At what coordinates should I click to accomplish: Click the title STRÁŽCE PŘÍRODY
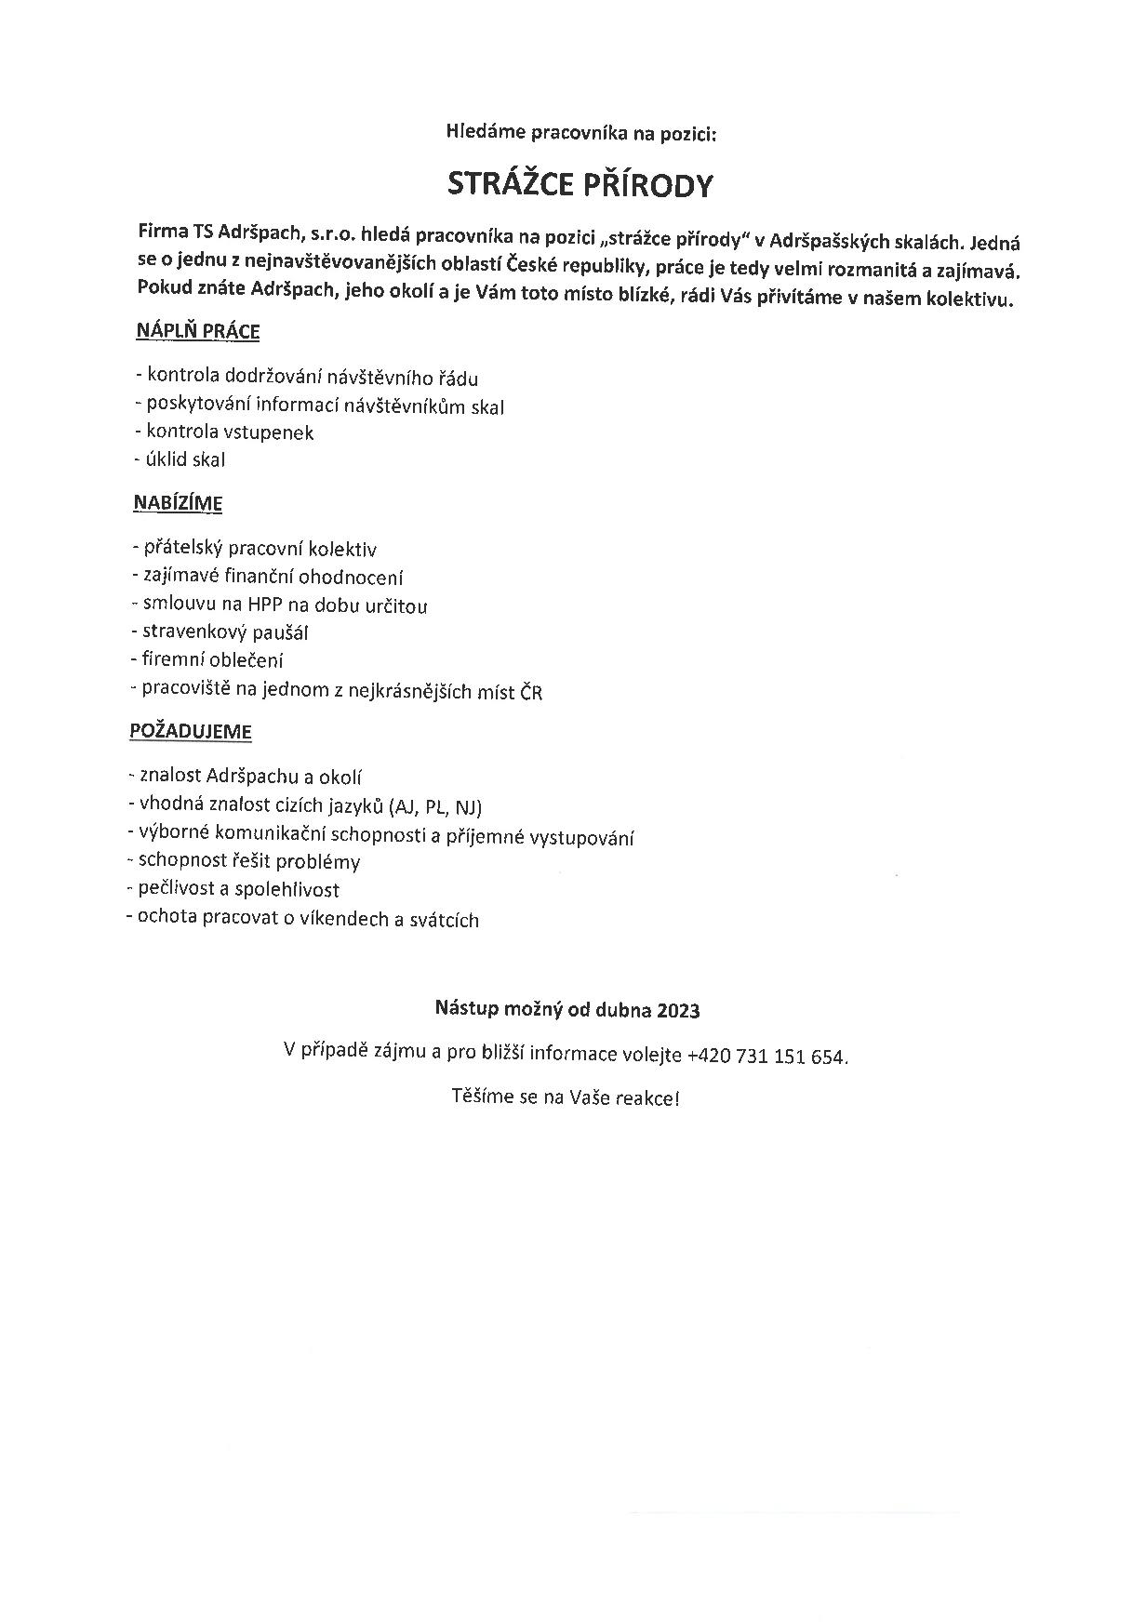pyautogui.click(x=580, y=185)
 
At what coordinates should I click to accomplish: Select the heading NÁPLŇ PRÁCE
pyautogui.click(x=197, y=331)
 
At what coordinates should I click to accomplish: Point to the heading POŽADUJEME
pyautogui.click(x=190, y=731)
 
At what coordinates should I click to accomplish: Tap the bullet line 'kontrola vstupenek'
pyautogui.click(x=224, y=432)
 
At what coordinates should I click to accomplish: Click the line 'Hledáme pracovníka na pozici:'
pyautogui.click(x=581, y=134)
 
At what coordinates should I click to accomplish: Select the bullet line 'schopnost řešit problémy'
pyautogui.click(x=243, y=862)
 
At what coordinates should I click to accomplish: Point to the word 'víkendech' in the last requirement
pyautogui.click(x=344, y=920)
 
